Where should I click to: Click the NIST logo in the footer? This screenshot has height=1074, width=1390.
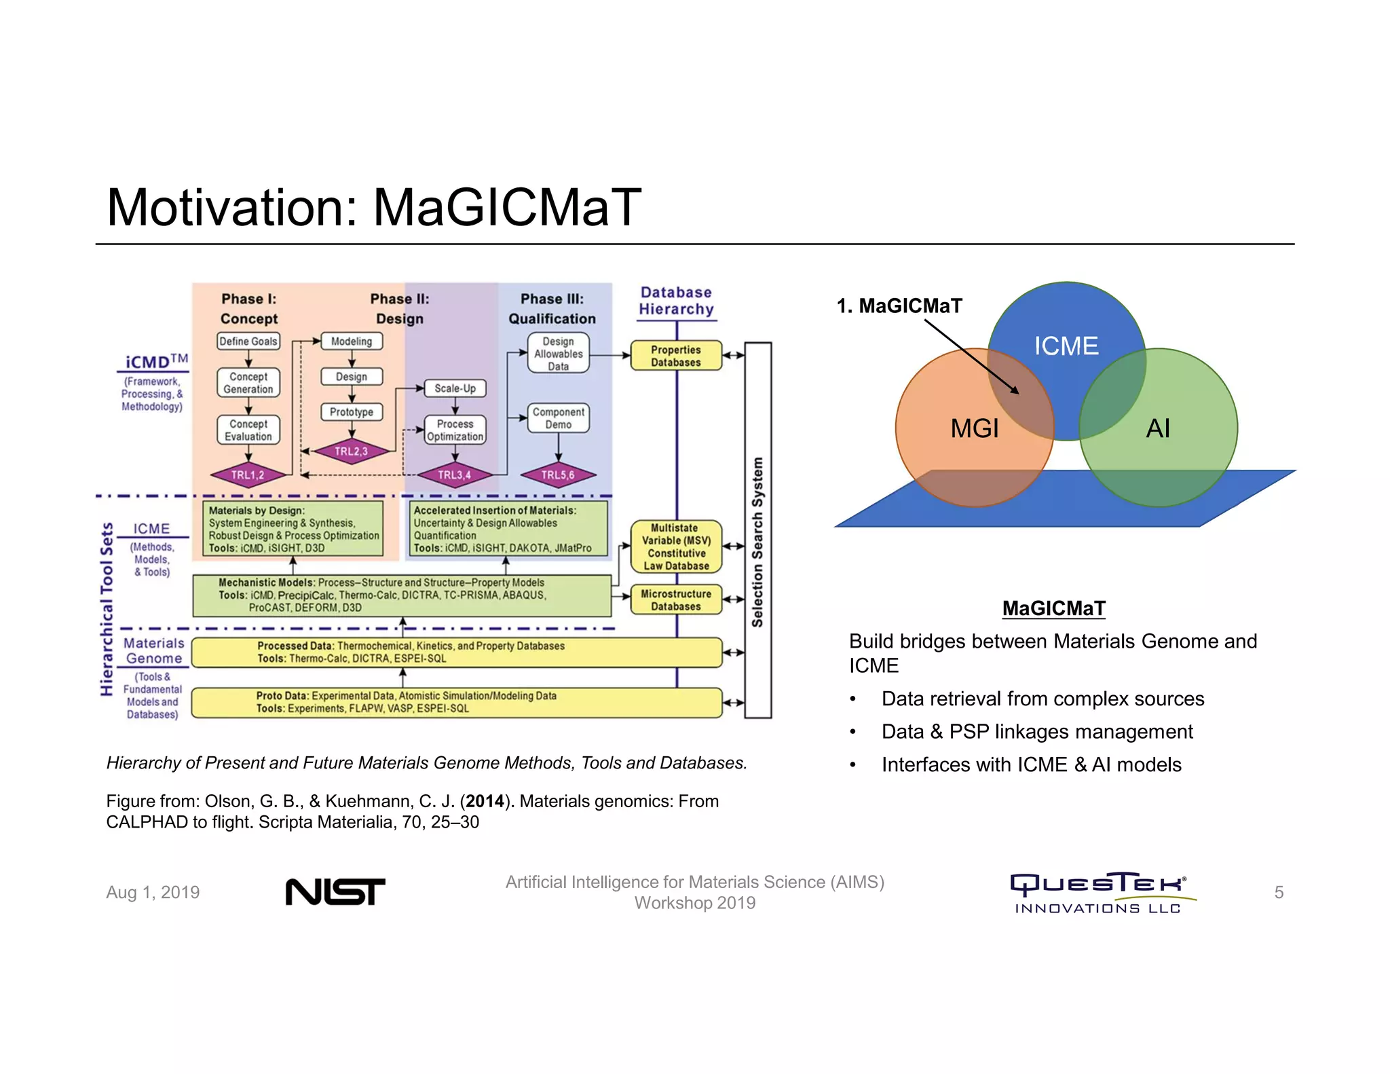[x=335, y=891]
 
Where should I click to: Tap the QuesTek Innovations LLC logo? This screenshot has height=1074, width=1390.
[x=1099, y=893]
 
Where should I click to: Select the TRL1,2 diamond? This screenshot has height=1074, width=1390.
[x=248, y=475]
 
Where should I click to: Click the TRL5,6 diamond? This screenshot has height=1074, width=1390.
[x=558, y=475]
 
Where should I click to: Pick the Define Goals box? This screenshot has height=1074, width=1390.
[x=248, y=341]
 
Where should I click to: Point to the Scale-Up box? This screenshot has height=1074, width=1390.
[x=455, y=388]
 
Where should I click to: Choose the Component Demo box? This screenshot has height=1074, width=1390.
[x=558, y=418]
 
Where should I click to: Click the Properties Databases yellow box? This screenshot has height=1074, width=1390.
[x=676, y=356]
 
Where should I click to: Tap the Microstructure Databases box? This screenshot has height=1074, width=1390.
[x=676, y=600]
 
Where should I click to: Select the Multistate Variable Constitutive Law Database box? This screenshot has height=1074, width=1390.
[x=676, y=547]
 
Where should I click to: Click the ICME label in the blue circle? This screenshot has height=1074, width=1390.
[x=1066, y=346]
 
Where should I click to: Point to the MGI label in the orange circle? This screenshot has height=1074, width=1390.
[x=975, y=428]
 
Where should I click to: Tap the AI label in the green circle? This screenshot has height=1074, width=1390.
[x=1158, y=428]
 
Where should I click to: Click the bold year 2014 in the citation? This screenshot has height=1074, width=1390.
[x=485, y=801]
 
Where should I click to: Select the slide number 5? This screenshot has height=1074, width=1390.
[x=1279, y=892]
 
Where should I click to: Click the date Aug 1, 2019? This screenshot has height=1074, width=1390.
[x=153, y=892]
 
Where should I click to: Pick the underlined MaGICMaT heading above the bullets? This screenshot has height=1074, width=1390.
[x=1053, y=608]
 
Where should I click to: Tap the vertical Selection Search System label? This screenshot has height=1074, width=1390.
[x=757, y=542]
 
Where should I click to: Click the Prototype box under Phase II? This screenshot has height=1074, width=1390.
[x=352, y=412]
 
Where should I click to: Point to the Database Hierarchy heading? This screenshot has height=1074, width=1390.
[x=676, y=301]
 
